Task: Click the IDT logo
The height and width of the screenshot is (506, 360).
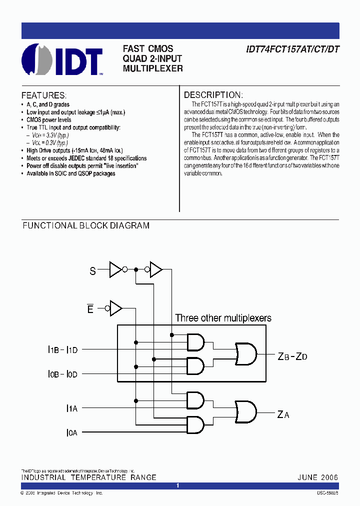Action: point(62,59)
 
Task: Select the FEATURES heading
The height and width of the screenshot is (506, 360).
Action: point(43,95)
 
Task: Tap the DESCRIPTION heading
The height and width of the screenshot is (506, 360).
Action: point(213,95)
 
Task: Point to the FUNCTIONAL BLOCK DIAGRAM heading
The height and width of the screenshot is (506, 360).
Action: point(86,226)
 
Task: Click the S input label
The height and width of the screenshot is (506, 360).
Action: point(92,271)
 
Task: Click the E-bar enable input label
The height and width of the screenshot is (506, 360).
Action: point(90,309)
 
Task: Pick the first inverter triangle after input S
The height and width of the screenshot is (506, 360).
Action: point(115,270)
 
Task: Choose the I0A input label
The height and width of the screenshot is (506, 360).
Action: point(72,432)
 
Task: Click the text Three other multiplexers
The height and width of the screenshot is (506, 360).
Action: point(223,318)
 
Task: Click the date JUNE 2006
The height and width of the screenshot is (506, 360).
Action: point(317,477)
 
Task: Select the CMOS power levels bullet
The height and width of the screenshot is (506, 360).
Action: point(49,120)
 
